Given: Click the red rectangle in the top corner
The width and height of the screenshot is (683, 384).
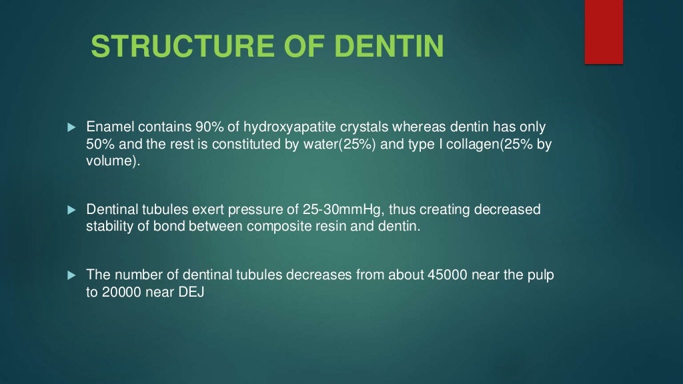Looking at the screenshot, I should tap(604, 32).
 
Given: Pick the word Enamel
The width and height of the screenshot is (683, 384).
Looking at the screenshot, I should tap(107, 127).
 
